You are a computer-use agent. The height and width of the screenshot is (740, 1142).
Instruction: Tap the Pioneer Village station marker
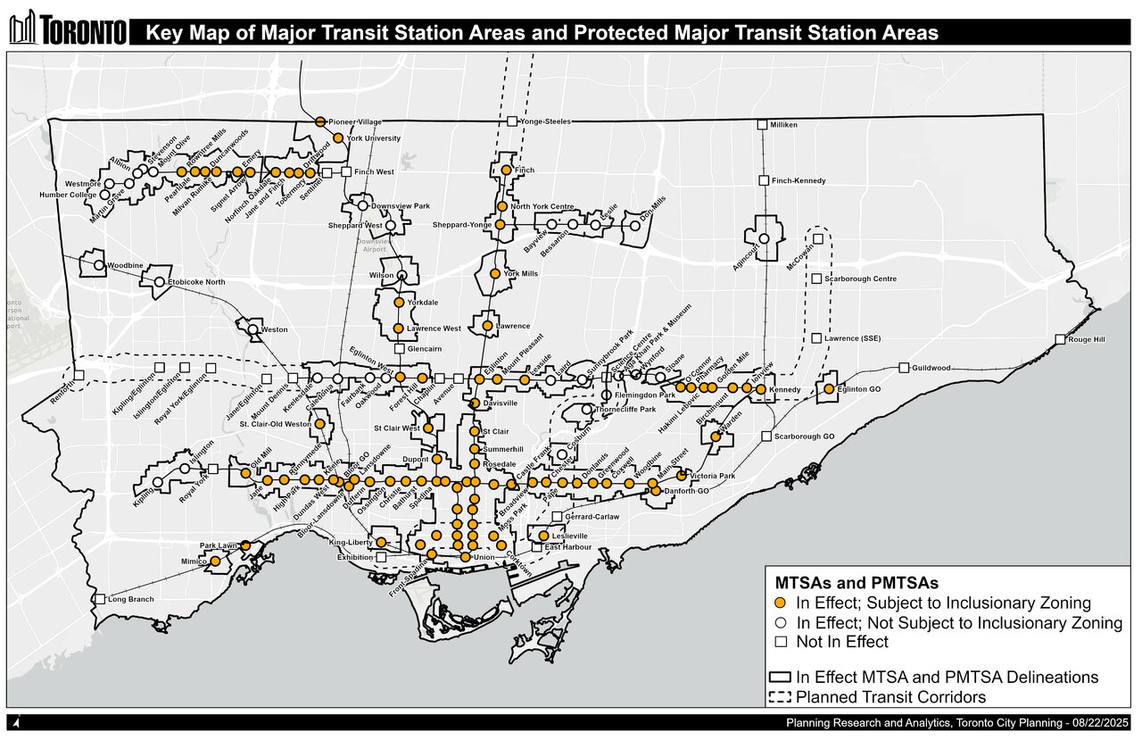pyautogui.click(x=319, y=121)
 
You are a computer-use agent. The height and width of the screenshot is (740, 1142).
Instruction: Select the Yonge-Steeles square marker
pyautogui.click(x=512, y=121)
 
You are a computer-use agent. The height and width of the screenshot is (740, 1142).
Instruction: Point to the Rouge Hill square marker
pyautogui.click(x=1059, y=339)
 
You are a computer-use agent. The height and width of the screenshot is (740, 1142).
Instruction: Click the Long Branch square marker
pyautogui.click(x=100, y=600)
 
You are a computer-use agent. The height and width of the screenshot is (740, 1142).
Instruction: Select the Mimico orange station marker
pyautogui.click(x=215, y=561)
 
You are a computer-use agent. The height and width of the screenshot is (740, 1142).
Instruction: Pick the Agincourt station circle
pyautogui.click(x=764, y=239)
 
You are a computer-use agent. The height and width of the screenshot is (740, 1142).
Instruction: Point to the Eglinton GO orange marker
pyautogui.click(x=828, y=389)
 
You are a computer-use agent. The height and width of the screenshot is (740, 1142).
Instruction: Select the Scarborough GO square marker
pyautogui.click(x=766, y=436)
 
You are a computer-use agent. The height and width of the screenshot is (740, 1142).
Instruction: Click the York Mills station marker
pyautogui.click(x=495, y=274)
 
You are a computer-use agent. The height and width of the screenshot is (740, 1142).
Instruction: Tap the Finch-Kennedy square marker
pyautogui.click(x=764, y=180)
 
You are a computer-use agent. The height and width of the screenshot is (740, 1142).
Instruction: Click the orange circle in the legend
pyautogui.click(x=780, y=603)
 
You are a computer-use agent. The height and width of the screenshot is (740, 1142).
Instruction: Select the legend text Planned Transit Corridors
pyautogui.click(x=890, y=696)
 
